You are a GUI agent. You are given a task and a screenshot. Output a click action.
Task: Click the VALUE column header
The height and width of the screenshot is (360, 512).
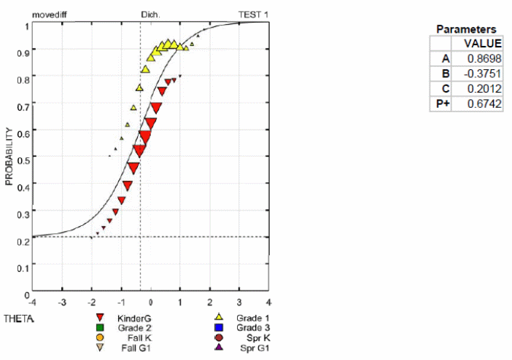[x=483, y=42]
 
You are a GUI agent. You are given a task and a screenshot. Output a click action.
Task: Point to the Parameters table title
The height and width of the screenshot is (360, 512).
[x=466, y=29]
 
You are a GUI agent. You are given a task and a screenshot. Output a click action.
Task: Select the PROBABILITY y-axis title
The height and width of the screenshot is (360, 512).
[x=9, y=157]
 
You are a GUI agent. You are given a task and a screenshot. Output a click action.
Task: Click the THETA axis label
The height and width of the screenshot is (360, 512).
[x=16, y=318]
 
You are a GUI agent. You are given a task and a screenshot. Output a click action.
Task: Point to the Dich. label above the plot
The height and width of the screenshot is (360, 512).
[x=150, y=14]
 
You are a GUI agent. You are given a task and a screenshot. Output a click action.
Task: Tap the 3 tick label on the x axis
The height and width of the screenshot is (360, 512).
[x=239, y=301]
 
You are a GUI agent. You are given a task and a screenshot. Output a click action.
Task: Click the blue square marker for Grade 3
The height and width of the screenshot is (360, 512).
[x=217, y=328]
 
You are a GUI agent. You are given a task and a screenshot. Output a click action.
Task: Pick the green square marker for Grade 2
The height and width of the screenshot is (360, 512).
[x=99, y=328]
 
